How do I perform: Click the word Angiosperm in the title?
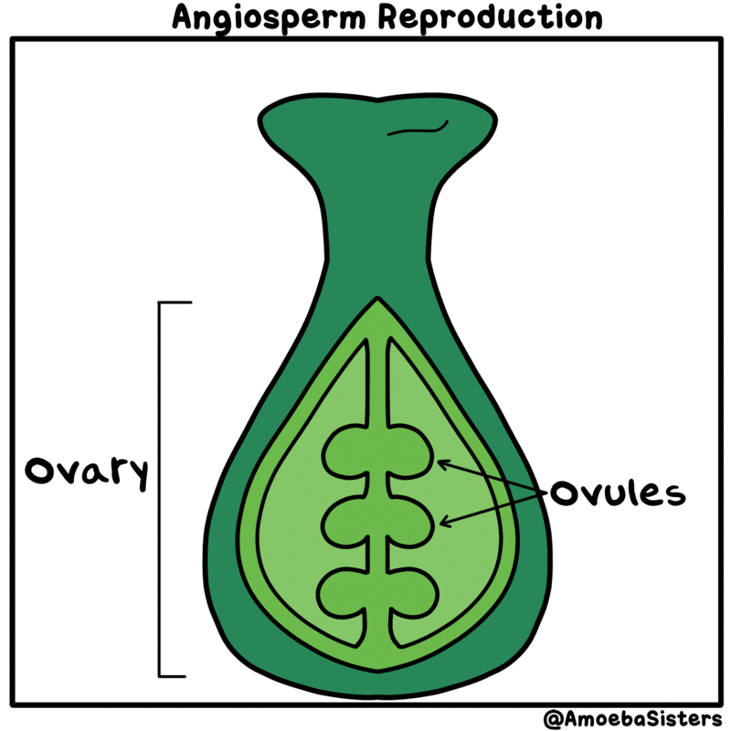269,18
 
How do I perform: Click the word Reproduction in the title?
490,17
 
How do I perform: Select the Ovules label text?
618,493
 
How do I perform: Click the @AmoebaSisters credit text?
632,718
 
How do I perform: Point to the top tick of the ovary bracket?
175,302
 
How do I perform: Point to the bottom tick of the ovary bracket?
173,676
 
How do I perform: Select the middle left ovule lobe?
344,521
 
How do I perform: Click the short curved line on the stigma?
418,130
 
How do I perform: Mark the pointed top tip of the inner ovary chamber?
377,299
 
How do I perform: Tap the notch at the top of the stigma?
377,100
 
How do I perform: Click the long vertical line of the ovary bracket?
159,490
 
